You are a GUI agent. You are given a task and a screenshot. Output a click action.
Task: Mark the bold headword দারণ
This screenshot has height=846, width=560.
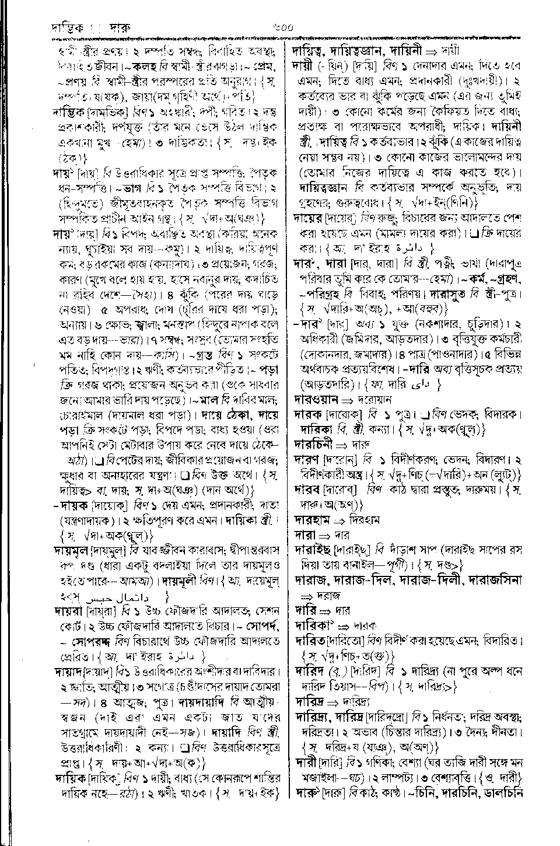coord(310,458)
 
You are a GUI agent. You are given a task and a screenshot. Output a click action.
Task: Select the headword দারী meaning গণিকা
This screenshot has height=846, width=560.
coord(306,761)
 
